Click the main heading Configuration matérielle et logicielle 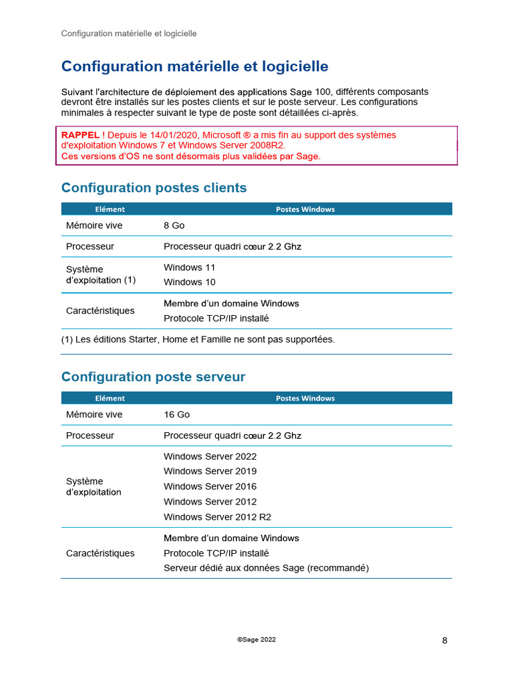point(194,67)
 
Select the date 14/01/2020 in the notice point(176,135)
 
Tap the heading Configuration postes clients point(154,188)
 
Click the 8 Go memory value point(174,225)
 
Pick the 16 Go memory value point(176,415)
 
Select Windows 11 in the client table point(189,268)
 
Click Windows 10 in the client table point(189,282)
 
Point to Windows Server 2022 point(210,457)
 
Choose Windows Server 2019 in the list point(210,472)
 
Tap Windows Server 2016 point(210,486)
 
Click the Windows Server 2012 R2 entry point(217,517)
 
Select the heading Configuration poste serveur point(153,377)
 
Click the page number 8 point(445,641)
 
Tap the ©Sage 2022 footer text point(256,640)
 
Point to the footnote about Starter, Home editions point(198,340)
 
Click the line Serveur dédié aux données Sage point(266,568)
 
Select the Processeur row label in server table point(90,435)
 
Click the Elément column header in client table point(110,209)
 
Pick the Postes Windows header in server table point(305,399)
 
